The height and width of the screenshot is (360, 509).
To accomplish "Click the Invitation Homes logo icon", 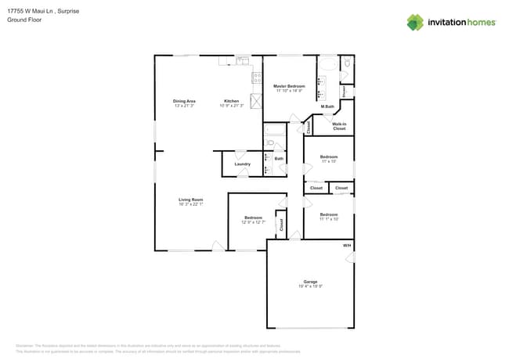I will (415, 22).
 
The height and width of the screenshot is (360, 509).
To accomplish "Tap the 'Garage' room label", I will (311, 281).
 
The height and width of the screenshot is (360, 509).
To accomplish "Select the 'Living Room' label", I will (191, 200).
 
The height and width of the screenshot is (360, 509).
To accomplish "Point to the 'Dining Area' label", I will (184, 101).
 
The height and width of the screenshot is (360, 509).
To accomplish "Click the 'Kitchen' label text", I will (232, 101).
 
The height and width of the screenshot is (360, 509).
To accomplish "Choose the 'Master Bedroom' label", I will (289, 85).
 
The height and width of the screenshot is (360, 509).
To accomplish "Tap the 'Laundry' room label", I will (242, 164).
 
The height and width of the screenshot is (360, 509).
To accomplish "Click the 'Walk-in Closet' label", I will (339, 126).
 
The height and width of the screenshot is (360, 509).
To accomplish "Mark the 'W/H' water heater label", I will (347, 247).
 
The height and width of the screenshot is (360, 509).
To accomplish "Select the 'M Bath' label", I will (327, 106).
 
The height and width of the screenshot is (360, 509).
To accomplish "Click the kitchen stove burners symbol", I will (256, 77).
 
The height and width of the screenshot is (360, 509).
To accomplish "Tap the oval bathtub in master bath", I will (329, 65).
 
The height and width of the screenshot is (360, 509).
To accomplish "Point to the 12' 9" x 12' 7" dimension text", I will (253, 222).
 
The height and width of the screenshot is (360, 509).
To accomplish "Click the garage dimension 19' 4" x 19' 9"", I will (311, 286).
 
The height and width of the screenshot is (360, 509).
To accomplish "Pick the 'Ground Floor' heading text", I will (24, 20).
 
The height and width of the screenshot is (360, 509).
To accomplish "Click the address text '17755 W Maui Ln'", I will (31, 12).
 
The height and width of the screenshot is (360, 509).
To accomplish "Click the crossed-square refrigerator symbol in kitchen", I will (256, 101).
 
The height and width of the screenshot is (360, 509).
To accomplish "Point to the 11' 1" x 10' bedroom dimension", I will (329, 218).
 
